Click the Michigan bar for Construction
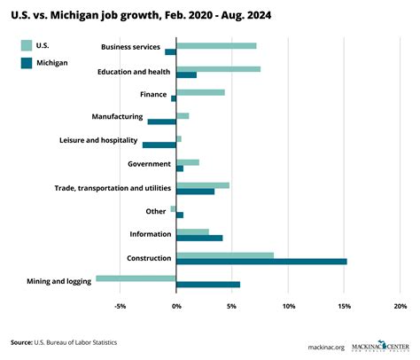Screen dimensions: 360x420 (x=261, y=261)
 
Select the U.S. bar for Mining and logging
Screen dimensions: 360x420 (x=136, y=278)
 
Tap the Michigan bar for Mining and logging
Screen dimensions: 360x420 (x=208, y=284)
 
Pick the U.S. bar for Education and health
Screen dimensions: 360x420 (x=218, y=68)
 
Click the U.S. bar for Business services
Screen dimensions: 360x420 (x=216, y=45)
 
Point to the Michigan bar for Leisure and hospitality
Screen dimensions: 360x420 (x=159, y=145)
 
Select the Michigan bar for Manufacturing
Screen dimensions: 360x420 (x=162, y=121)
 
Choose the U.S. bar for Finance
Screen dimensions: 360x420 (x=200, y=91)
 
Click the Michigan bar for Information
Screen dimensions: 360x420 (x=199, y=238)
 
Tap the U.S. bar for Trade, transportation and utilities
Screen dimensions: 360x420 (x=203, y=185)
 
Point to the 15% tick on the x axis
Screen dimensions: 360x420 (x=344, y=307)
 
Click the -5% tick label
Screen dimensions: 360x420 (x=121, y=307)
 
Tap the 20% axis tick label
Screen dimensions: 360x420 (x=400, y=307)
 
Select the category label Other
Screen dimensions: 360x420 (x=155, y=211)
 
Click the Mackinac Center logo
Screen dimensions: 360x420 (x=373, y=342)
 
